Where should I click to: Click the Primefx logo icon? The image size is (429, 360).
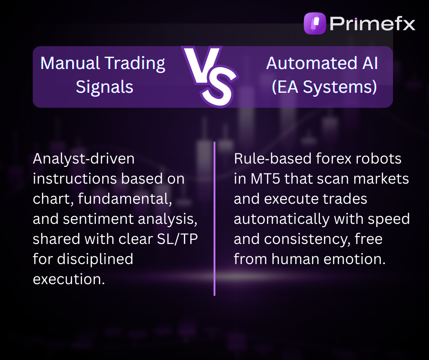point(315,23)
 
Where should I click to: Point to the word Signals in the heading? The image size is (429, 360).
point(105,86)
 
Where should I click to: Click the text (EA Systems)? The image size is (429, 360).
point(324,86)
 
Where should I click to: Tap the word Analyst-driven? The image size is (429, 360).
point(84,159)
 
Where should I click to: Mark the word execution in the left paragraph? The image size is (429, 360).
point(68,279)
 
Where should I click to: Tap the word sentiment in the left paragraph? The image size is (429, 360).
point(98,219)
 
